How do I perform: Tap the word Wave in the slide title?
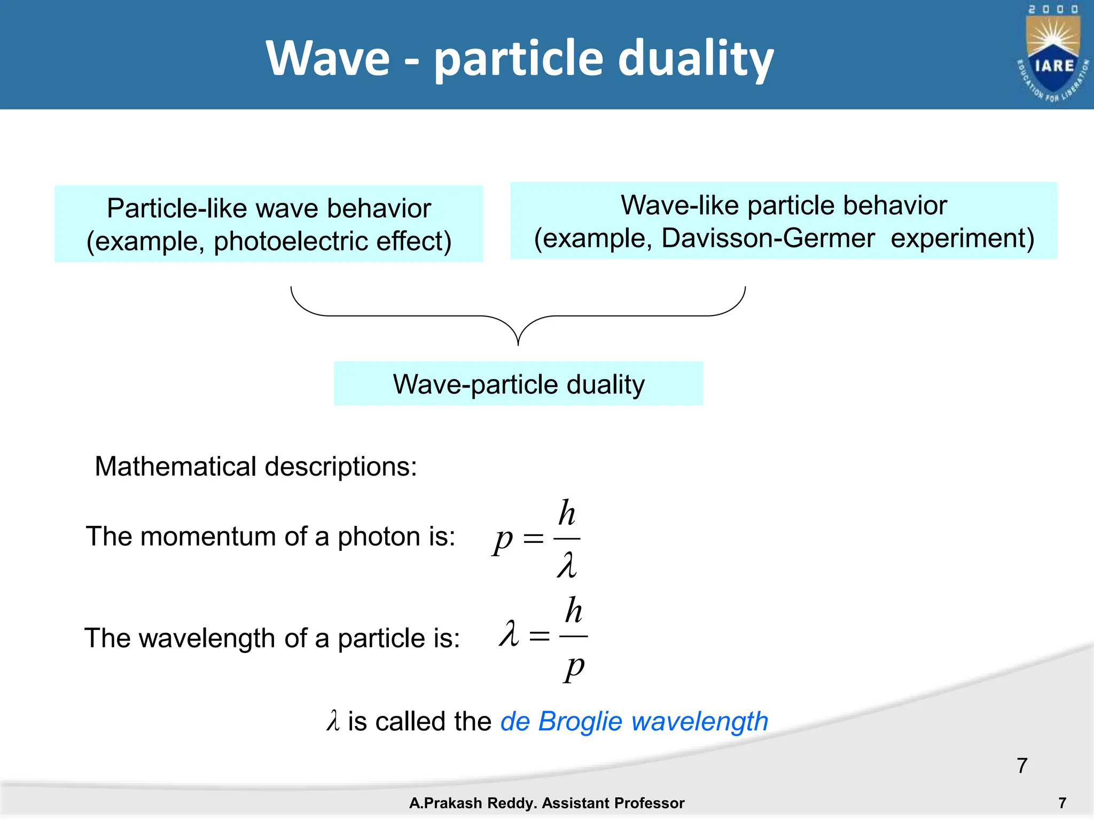click(x=327, y=59)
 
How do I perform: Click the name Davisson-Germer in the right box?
click(x=768, y=238)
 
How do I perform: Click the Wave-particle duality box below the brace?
click(x=518, y=384)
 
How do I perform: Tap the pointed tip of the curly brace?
click(x=518, y=344)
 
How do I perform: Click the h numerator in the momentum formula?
click(x=567, y=514)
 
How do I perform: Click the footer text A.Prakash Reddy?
click(x=473, y=803)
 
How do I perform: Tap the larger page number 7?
click(x=1022, y=766)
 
